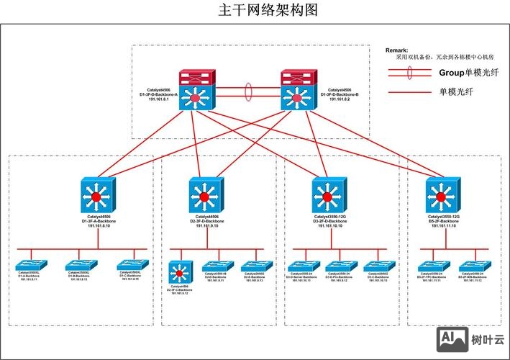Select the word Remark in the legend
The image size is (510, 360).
(x=397, y=50)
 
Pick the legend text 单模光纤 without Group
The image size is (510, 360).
(x=456, y=92)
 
